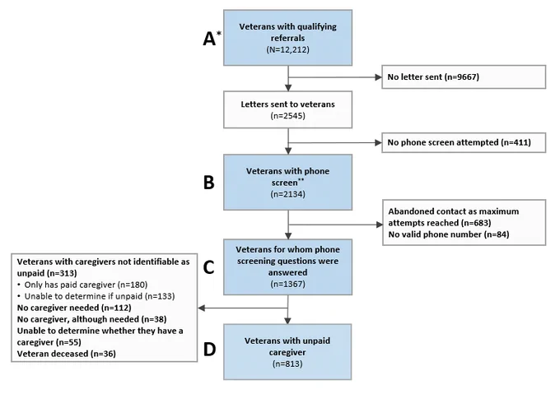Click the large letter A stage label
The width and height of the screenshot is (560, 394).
[209, 39]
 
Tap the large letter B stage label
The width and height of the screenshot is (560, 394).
[209, 183]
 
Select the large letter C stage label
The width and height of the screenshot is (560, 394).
[209, 267]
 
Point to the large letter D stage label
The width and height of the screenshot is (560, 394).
[210, 349]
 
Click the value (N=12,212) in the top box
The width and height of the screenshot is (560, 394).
[287, 49]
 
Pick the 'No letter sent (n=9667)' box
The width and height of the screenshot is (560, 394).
[464, 77]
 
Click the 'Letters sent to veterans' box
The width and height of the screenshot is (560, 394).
[288, 109]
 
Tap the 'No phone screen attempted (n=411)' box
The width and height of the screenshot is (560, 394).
[464, 142]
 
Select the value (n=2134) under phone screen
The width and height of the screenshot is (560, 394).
[287, 194]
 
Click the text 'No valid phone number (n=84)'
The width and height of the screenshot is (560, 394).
[449, 234]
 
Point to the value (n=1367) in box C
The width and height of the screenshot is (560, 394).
[287, 284]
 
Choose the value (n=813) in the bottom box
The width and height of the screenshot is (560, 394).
[287, 364]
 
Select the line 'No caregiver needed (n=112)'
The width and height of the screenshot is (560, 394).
[74, 308]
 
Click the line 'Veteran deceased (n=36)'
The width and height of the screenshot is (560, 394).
[66, 354]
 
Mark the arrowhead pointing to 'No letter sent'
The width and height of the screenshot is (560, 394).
[378, 77]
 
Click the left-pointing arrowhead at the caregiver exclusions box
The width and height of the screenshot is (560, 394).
[202, 308]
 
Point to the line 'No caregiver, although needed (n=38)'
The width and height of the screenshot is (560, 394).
[91, 319]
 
